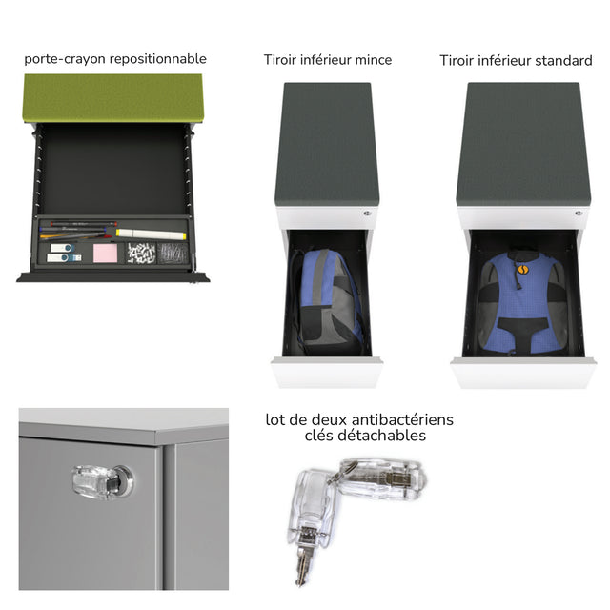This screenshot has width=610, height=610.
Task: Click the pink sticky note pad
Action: point(106,254)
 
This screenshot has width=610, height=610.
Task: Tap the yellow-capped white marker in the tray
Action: point(151,234)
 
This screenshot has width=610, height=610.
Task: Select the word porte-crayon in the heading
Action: point(65,59)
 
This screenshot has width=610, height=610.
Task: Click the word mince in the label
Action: point(373,60)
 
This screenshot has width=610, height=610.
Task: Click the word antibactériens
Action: point(402,419)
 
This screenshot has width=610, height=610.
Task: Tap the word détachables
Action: point(381,436)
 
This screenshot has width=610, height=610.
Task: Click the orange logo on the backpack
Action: point(521,269)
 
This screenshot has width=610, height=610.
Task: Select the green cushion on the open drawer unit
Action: point(113,97)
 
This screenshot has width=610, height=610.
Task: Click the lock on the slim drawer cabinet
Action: point(366,213)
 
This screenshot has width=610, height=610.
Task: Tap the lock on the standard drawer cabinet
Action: point(579,213)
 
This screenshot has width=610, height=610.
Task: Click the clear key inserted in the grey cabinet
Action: point(102,481)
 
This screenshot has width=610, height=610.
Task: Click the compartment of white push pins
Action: point(142,253)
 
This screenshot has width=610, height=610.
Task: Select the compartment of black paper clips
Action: point(172,254)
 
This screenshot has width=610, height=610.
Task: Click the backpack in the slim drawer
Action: point(328,301)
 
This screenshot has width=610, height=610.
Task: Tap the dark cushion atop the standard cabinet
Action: point(523,144)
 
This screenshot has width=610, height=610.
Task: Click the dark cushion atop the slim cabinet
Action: point(327,144)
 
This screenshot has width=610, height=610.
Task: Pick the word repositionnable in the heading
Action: point(158,59)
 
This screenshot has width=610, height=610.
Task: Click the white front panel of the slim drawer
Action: point(327,373)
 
